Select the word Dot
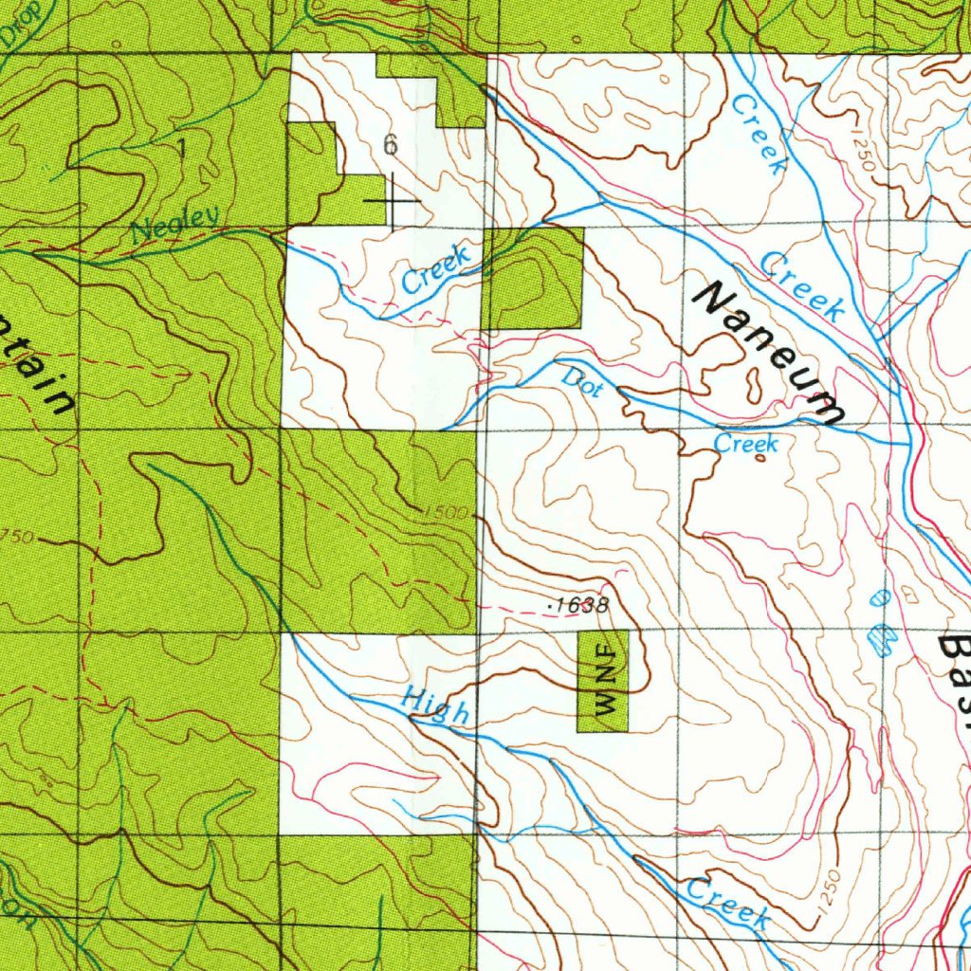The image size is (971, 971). [582, 381]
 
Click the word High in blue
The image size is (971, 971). [434, 706]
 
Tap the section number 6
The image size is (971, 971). [390, 145]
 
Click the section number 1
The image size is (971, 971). [181, 148]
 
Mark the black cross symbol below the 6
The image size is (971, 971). [391, 202]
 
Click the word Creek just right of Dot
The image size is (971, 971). [746, 444]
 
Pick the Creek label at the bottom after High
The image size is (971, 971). [727, 903]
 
